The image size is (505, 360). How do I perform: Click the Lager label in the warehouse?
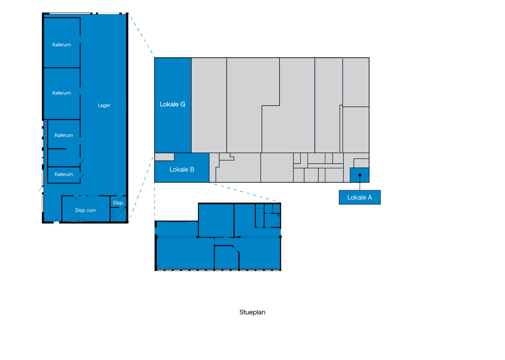point(104,105)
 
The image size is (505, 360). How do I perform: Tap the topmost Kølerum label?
point(62,45)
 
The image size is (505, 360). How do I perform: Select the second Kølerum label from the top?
point(62,93)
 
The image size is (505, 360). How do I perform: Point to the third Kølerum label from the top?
point(64,135)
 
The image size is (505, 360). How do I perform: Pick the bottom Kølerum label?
point(64,174)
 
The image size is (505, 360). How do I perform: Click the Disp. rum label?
point(85,211)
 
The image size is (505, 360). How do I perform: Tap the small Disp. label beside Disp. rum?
point(118,203)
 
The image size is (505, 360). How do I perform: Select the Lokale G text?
point(172,104)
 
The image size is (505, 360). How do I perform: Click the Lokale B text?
point(182,170)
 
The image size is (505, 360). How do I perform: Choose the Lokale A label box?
point(360,197)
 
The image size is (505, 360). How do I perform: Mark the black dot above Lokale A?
point(360,175)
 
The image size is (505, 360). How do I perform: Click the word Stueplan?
point(252,313)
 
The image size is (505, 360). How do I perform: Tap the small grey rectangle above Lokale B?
point(164,157)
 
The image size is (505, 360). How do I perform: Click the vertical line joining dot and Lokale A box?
point(360,183)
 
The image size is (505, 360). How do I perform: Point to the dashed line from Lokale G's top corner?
point(141,35)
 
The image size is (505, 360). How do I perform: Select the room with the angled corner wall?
point(226,258)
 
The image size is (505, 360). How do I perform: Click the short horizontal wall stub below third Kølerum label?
point(57,149)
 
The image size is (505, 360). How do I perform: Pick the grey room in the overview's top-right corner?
point(356,82)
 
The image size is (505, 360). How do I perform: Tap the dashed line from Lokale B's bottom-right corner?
point(245,192)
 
